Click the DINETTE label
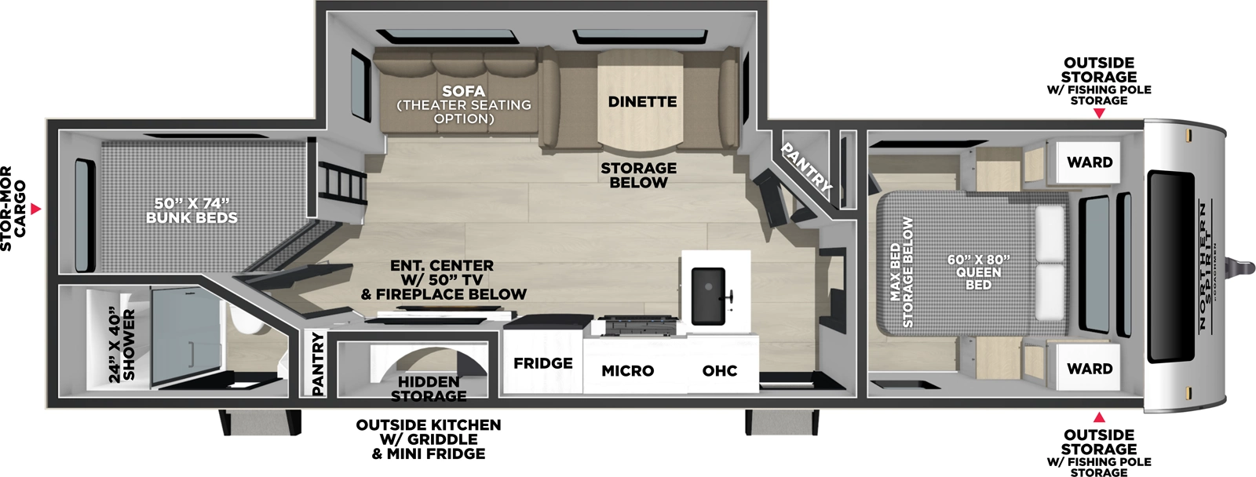click(642, 102)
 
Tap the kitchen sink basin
click(708, 295)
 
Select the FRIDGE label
click(542, 363)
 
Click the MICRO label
click(627, 370)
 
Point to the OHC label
click(719, 370)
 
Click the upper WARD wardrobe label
click(1090, 162)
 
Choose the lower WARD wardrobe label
click(1090, 369)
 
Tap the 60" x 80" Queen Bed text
click(978, 271)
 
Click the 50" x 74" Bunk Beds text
click(192, 210)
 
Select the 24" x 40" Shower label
click(122, 345)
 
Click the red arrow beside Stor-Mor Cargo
click(36, 209)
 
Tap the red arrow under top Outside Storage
click(1099, 114)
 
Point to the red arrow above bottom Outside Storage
click(1099, 417)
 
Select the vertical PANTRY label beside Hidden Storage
click(317, 363)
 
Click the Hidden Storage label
click(429, 388)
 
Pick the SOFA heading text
click(463, 91)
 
